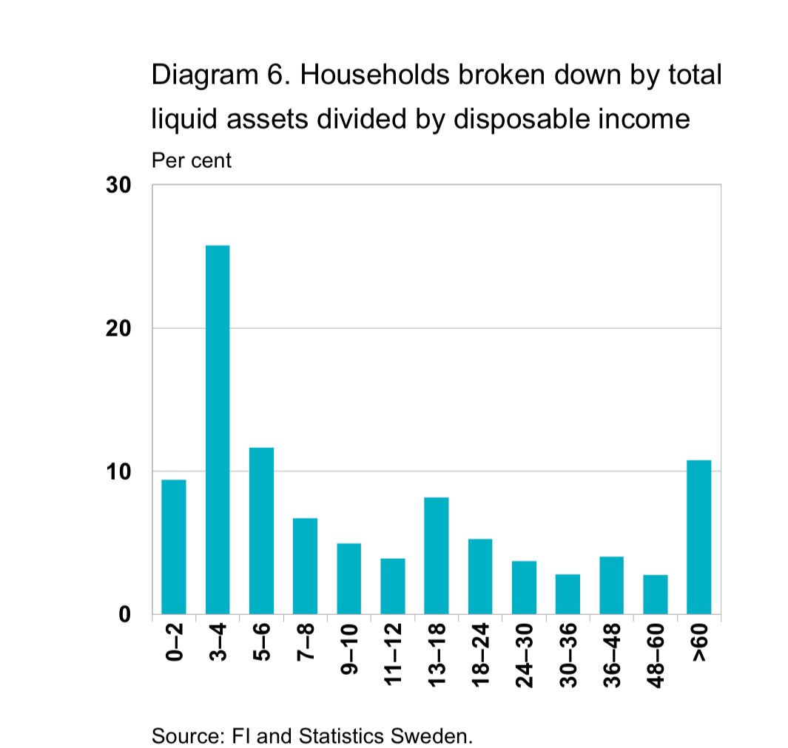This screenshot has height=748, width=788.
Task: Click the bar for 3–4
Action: coord(218,429)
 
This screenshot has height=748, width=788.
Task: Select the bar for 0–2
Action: coord(174,547)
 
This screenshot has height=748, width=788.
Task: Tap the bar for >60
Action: coord(698,537)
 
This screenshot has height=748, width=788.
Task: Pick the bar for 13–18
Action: coord(436,556)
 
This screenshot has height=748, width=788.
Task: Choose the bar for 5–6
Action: coord(261,531)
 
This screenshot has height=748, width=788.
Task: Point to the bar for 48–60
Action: coord(655,594)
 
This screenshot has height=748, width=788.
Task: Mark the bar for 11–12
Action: coord(392,586)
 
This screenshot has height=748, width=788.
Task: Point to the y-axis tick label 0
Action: coord(125,614)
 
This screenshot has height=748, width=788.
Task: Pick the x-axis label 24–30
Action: coord(525,656)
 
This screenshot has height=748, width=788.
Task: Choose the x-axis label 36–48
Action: coord(612,656)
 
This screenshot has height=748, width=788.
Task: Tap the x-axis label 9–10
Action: coord(349,650)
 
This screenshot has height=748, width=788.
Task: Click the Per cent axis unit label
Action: coord(191,160)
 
